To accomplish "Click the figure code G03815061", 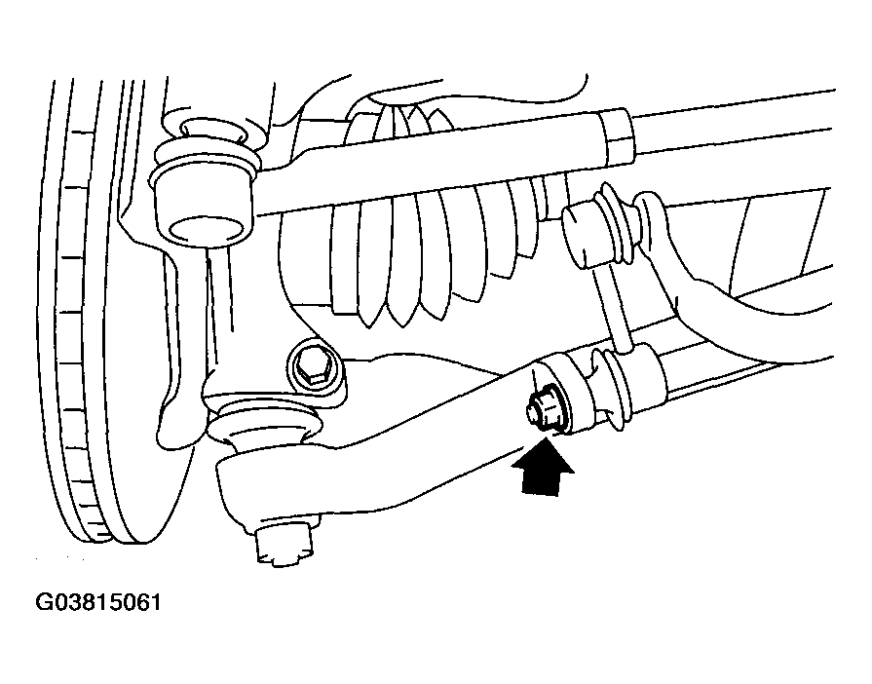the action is tap(98, 602).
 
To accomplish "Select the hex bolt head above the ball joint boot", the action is tap(313, 368).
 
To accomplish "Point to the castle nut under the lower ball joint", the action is tap(284, 542).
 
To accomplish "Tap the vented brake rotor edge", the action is tap(84, 312).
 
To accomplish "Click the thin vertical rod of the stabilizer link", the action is tap(612, 306).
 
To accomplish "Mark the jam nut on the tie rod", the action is tap(618, 136).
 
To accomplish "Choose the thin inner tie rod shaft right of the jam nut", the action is tap(734, 125).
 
